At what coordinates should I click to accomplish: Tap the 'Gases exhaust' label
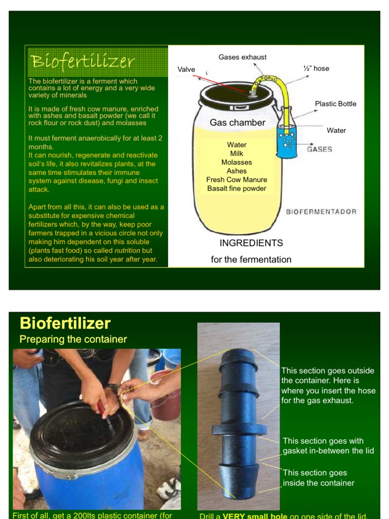(242, 57)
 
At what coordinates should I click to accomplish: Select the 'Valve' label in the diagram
(186, 69)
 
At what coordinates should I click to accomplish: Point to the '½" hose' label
(316, 68)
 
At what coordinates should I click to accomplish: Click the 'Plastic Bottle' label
(335, 104)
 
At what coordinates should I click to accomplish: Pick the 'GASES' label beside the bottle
(320, 150)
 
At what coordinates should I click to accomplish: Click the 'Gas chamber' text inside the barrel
(237, 123)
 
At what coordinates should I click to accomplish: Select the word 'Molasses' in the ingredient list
(237, 162)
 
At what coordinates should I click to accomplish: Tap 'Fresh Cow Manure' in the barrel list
(237, 180)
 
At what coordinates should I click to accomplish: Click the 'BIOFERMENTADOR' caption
(321, 211)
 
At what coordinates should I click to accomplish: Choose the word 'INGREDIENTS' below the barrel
(251, 243)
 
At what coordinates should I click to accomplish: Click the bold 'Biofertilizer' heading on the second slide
(65, 323)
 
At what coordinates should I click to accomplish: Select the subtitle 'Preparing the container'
(73, 339)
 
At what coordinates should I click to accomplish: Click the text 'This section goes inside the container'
(318, 478)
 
